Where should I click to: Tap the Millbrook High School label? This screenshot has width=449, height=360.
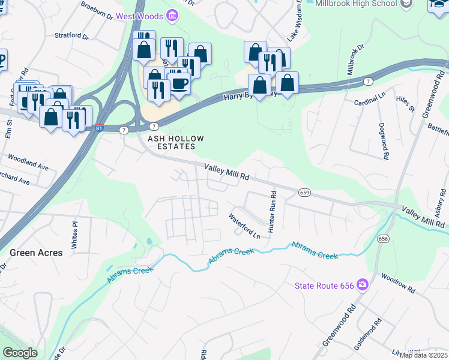[355, 4]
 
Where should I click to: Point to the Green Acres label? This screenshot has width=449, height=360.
[36, 253]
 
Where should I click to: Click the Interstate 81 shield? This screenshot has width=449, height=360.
[100, 128]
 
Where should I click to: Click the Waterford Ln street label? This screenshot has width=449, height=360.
[244, 226]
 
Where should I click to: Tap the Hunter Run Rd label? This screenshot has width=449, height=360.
[272, 212]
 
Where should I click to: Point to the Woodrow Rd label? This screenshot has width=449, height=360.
[397, 283]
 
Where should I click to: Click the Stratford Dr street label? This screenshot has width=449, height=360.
[71, 36]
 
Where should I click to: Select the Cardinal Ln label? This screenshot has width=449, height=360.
[369, 98]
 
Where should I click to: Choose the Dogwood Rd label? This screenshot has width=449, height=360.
[382, 142]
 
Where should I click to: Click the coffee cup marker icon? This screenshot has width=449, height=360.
[179, 83]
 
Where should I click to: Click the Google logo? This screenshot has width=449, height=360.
[20, 353]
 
